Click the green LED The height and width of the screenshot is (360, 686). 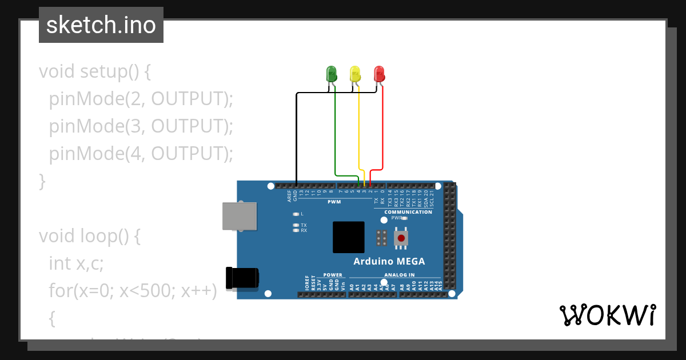tap(331, 74)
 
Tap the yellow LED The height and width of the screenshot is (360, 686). tap(355, 74)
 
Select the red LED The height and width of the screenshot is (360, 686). tap(379, 74)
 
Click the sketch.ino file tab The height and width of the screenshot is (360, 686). tap(101, 25)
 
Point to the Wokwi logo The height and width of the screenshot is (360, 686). tap(607, 315)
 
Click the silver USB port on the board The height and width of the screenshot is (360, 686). tap(240, 216)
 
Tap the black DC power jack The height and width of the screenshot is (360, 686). tap(242, 278)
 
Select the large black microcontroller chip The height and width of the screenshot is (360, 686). tap(348, 237)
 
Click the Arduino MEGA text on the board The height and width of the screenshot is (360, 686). tap(389, 261)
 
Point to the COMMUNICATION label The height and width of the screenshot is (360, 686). tap(408, 212)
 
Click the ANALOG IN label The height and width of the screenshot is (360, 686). tap(399, 275)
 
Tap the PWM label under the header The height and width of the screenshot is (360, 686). tap(334, 202)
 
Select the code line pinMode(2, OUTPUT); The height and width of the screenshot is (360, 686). tap(141, 99)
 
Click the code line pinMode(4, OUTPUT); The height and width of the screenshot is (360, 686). tap(141, 154)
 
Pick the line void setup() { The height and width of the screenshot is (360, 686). tap(95, 71)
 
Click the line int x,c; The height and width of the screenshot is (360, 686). tap(76, 263)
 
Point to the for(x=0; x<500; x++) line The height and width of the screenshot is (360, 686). tap(133, 290)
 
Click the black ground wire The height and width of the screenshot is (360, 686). tap(296, 137)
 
